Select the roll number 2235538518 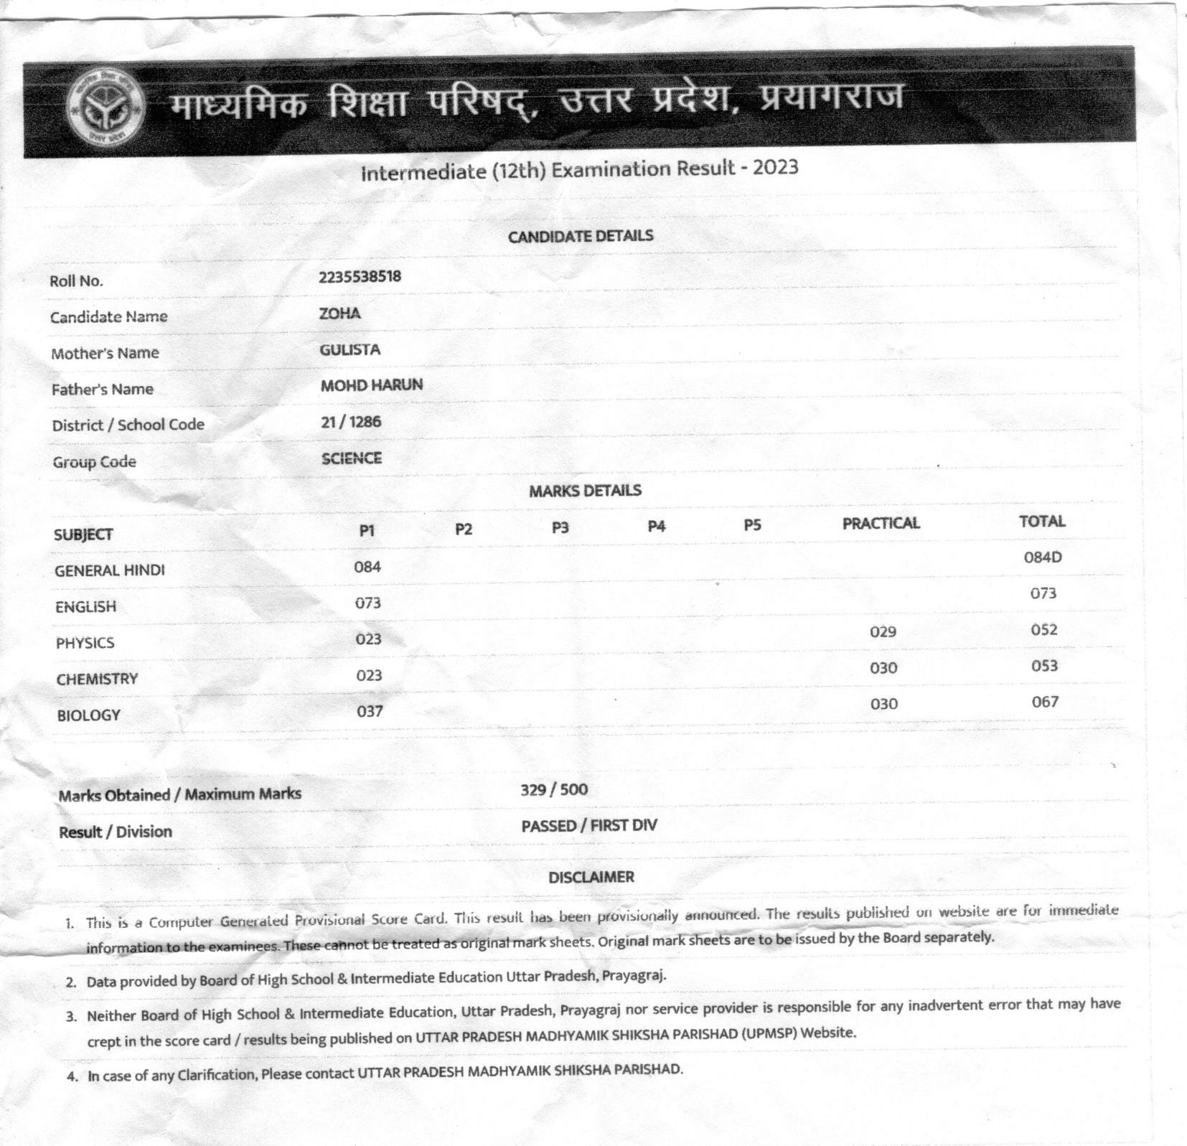(360, 276)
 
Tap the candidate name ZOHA (340, 313)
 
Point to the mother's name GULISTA (350, 349)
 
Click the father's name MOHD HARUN (371, 385)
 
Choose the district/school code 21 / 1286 (351, 421)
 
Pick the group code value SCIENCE (352, 458)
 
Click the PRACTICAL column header (881, 523)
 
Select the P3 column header (560, 527)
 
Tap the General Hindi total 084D (1042, 557)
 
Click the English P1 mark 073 (367, 603)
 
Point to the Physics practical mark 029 (883, 631)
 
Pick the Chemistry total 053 (1044, 666)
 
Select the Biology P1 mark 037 (370, 711)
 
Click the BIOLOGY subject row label (89, 715)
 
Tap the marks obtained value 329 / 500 (554, 789)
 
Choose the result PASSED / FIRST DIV (588, 825)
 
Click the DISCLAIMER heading (591, 877)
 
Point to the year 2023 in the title (775, 167)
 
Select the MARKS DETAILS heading (585, 491)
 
